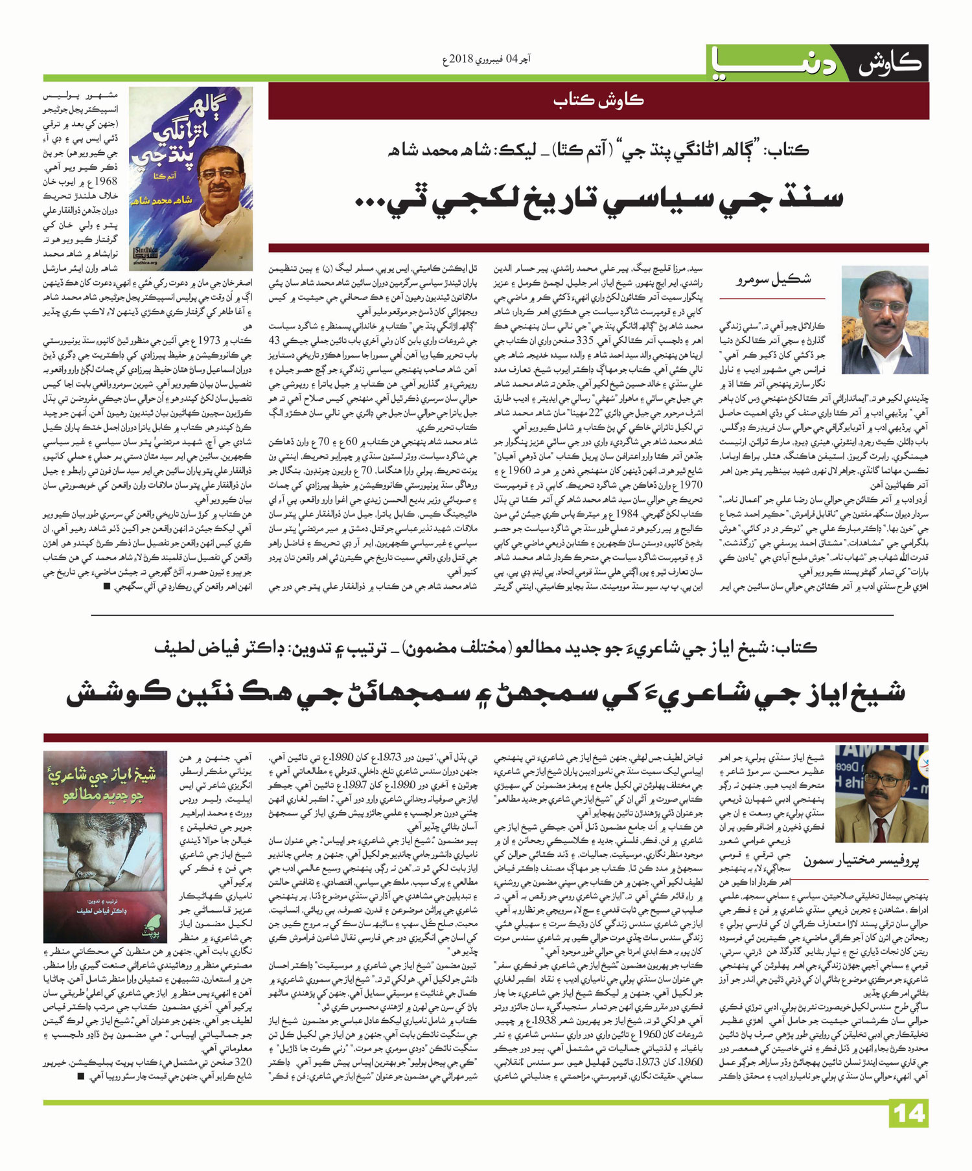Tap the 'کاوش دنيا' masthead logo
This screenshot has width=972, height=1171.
(x=816, y=63)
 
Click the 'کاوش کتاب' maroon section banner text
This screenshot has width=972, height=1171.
(x=599, y=100)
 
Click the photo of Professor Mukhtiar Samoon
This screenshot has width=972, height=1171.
(x=882, y=793)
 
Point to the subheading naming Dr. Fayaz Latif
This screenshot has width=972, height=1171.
(x=486, y=647)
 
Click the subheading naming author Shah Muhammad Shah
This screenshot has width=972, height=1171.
(x=599, y=150)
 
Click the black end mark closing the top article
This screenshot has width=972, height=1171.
(x=106, y=587)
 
